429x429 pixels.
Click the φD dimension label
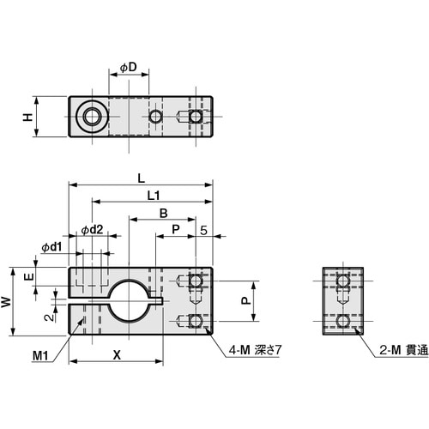coord(128,67)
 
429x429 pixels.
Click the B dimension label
coord(162,212)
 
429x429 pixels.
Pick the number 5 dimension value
coord(202,229)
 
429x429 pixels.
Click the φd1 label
coord(51,247)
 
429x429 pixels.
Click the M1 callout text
coord(40,355)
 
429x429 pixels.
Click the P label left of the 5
coord(176,229)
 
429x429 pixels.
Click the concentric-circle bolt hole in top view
coord(88,116)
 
